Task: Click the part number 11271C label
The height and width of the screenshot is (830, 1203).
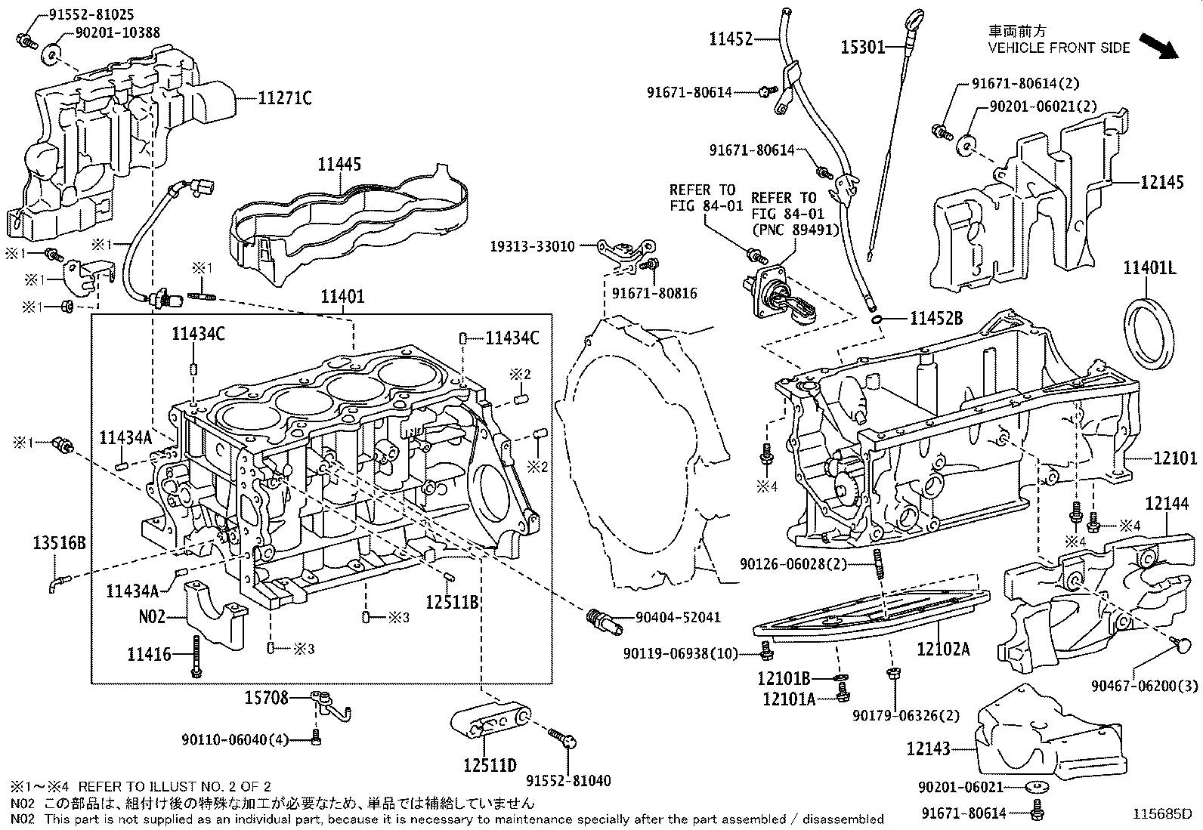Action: point(284,97)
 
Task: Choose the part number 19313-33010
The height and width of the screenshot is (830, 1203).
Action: point(532,246)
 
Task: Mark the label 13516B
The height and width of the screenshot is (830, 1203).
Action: point(59,542)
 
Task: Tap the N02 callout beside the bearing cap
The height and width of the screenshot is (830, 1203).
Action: point(151,616)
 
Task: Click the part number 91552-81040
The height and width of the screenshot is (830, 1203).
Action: point(568,781)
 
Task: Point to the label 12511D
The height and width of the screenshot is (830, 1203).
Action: point(490,766)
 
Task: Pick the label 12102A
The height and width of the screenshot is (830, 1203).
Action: point(943,648)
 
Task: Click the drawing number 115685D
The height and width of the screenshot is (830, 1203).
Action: point(1161,814)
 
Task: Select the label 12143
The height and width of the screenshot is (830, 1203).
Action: point(929,748)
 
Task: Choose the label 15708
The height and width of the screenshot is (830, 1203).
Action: point(267,698)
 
